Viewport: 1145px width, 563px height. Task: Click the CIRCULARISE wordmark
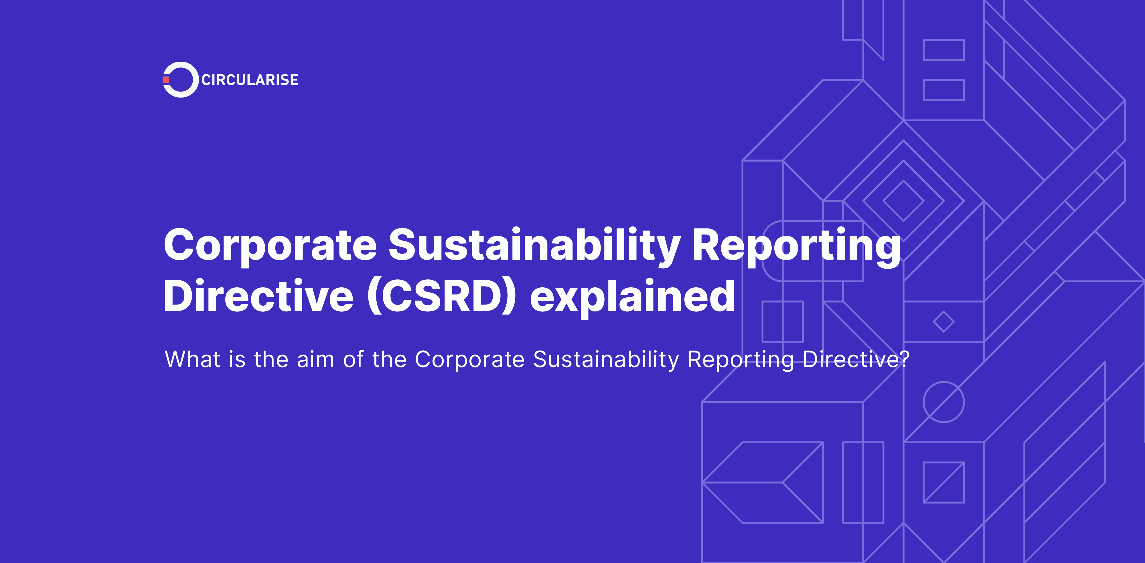pos(250,80)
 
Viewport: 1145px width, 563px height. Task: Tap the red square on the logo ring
pos(166,79)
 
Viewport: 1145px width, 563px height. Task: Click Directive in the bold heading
pos(258,296)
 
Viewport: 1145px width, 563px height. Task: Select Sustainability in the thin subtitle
pos(606,360)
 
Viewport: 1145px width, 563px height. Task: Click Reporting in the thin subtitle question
pos(741,360)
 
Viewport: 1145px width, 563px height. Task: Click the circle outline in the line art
pos(944,402)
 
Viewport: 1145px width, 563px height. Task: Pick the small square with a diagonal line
pos(944,482)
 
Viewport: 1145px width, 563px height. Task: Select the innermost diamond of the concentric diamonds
pos(903,201)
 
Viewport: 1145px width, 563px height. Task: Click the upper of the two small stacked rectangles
pos(944,50)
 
